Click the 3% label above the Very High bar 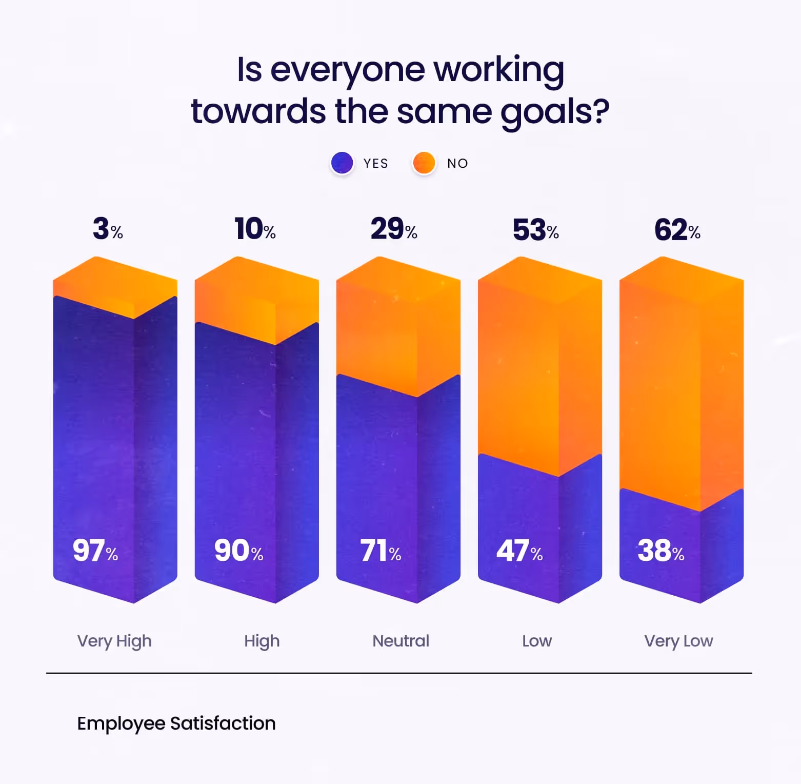tap(107, 229)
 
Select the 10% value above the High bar tap(255, 229)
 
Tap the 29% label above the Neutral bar tap(394, 229)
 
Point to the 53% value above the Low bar tap(535, 230)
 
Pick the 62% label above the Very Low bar tap(677, 230)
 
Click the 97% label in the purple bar tap(95, 551)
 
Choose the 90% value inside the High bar tap(238, 551)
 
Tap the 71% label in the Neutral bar tap(381, 551)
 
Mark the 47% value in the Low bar tap(519, 551)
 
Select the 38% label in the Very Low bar tap(661, 551)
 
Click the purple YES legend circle tap(342, 163)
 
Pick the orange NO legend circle tap(424, 163)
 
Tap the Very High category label tap(114, 641)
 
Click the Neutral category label tap(400, 641)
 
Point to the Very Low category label tap(678, 641)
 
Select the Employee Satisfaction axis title tap(176, 723)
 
